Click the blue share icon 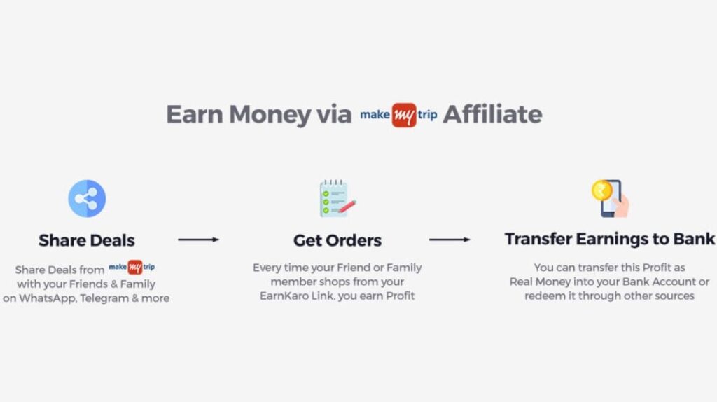(87, 198)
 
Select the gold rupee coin (601, 190)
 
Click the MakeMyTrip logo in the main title (398, 115)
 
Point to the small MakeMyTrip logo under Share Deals (132, 267)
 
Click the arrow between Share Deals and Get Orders (198, 240)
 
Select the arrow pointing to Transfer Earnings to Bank (450, 240)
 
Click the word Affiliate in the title (492, 114)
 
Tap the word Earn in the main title (194, 114)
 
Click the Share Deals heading (86, 240)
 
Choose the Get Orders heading (337, 240)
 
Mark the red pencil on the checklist (347, 207)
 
